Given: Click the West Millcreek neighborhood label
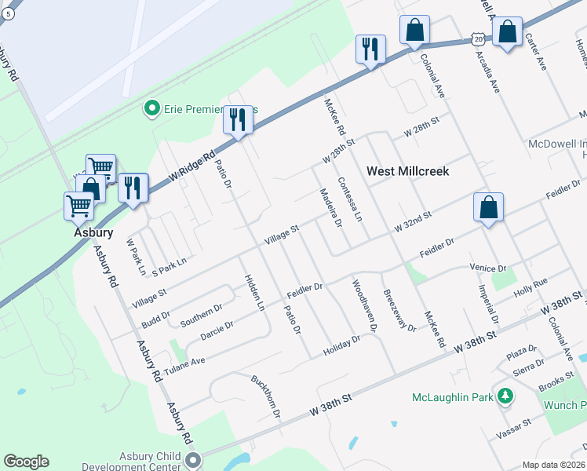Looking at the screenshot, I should [408, 170].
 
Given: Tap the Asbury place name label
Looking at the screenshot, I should [89, 232].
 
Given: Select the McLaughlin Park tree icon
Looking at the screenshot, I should [506, 396].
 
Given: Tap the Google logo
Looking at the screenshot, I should [26, 462].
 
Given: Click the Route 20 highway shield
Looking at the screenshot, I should [479, 37].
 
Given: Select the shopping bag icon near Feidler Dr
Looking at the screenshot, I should [488, 208].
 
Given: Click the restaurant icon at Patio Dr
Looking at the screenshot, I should [237, 120].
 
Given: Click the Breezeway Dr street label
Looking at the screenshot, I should [399, 311].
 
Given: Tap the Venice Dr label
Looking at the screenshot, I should [487, 268].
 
